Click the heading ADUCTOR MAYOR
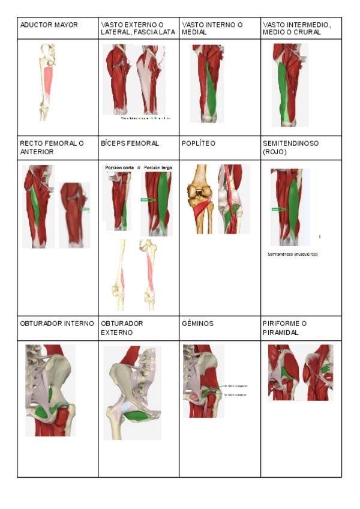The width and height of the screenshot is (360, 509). pyautogui.click(x=49, y=25)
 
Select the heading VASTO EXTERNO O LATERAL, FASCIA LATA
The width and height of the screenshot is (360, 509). pyautogui.click(x=138, y=28)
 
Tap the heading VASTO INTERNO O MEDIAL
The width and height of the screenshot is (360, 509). pyautogui.click(x=212, y=28)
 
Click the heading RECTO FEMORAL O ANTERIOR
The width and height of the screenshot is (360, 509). pyautogui.click(x=52, y=148)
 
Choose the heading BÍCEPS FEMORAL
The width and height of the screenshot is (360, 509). pyautogui.click(x=130, y=144)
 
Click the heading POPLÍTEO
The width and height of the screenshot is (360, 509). pyautogui.click(x=198, y=144)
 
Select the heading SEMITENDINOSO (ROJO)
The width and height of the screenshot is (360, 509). pyautogui.click(x=291, y=148)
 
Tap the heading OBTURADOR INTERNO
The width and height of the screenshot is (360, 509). pyautogui.click(x=57, y=324)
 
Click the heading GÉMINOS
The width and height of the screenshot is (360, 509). pyautogui.click(x=197, y=324)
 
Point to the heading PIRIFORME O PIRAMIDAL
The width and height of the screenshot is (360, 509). pyautogui.click(x=286, y=327)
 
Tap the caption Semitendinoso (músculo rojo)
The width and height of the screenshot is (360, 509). pyautogui.click(x=293, y=254)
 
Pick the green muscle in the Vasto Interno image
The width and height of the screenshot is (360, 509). pyautogui.click(x=211, y=90)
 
